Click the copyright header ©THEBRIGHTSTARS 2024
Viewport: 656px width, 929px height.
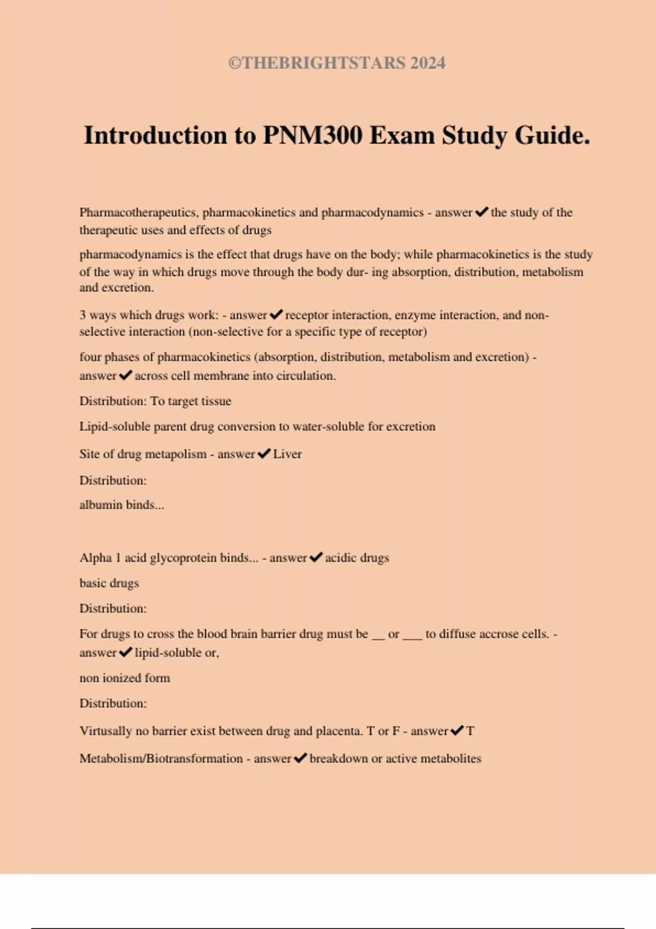[337, 63]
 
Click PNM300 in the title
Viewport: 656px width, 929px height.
[313, 136]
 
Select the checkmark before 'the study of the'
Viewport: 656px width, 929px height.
[482, 212]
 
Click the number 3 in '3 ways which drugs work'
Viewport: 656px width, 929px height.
[83, 315]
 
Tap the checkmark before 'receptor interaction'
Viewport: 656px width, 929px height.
[276, 315]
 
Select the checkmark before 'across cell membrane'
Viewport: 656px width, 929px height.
[126, 375]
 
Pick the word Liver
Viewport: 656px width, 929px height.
[288, 454]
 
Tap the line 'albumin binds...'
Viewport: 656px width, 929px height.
[121, 505]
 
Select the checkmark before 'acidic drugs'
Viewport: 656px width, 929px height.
[316, 558]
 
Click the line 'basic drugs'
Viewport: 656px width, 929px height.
[109, 583]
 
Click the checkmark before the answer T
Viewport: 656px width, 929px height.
[457, 731]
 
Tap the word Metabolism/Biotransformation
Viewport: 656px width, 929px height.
[161, 759]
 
